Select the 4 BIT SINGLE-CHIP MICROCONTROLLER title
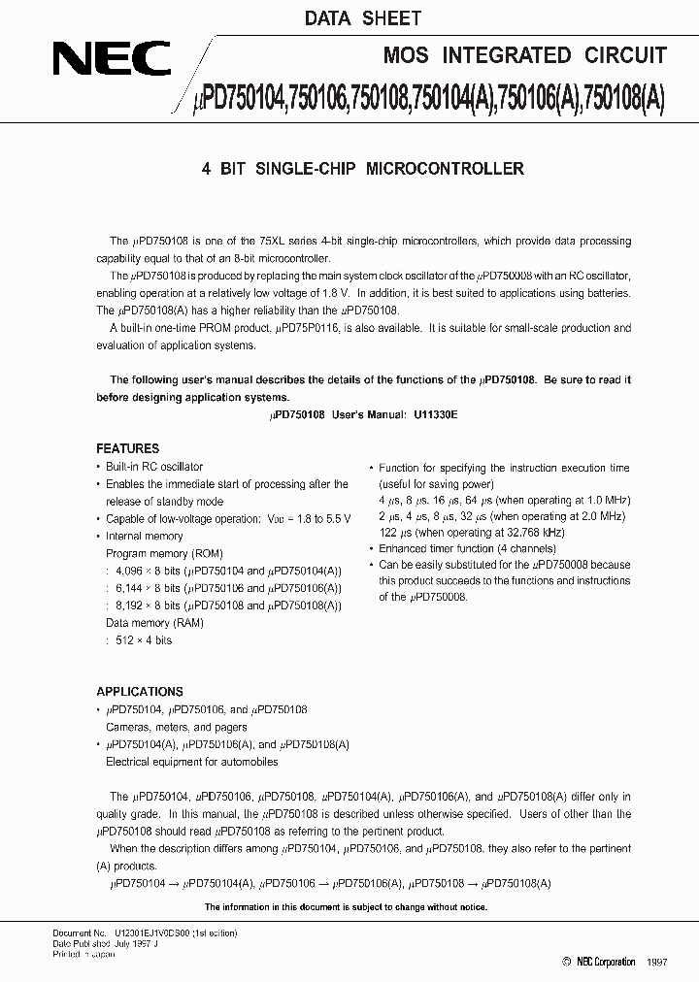[362, 169]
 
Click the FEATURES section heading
[127, 448]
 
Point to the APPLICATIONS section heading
[140, 692]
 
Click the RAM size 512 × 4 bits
[145, 640]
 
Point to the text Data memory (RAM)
[152, 623]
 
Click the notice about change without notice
[345, 907]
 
